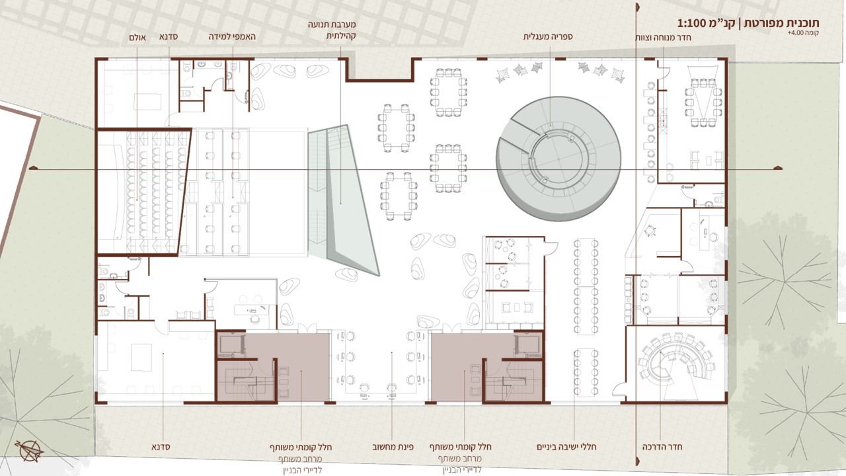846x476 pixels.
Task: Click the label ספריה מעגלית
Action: click(x=548, y=36)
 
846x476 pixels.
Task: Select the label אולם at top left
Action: click(x=137, y=38)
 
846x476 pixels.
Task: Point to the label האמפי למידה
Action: click(x=232, y=36)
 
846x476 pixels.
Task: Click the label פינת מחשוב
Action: click(x=393, y=446)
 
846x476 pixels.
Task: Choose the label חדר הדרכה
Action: click(x=662, y=446)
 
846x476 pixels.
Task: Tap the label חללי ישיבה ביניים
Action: click(x=566, y=446)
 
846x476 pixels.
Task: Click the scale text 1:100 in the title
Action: click(x=693, y=23)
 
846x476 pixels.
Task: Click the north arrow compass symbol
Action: click(x=30, y=451)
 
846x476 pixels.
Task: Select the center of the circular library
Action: click(x=558, y=159)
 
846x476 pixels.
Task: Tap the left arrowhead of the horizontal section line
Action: click(x=34, y=168)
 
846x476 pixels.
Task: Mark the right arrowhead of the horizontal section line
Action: click(x=777, y=168)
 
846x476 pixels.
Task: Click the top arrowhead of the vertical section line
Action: click(x=638, y=7)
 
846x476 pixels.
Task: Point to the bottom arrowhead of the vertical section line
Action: click(x=638, y=461)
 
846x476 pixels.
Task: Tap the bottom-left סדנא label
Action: click(x=161, y=447)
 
